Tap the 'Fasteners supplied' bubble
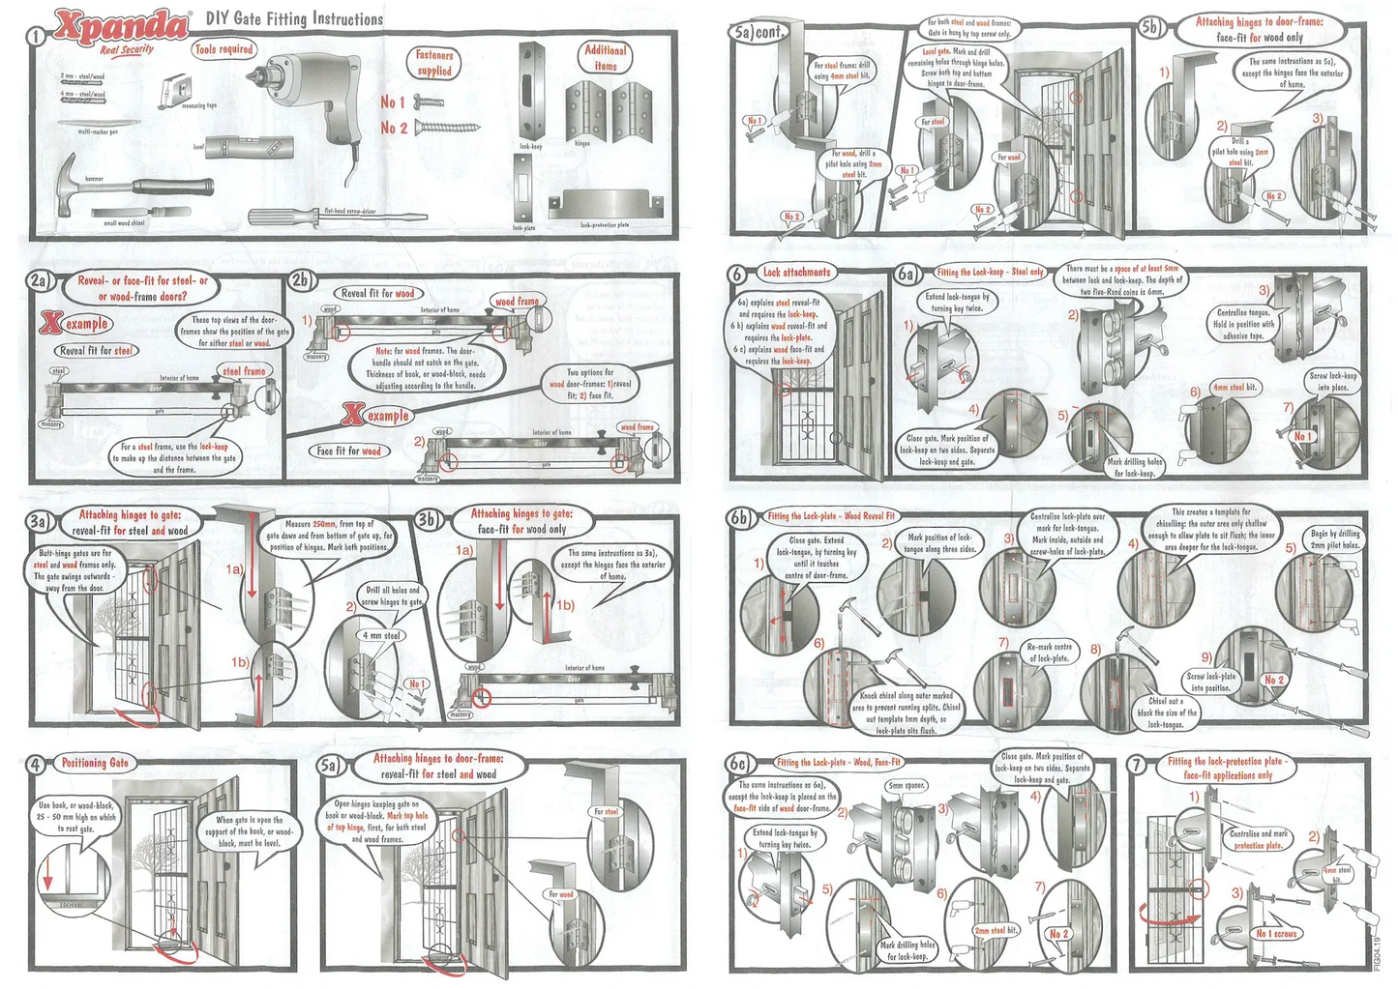click(x=434, y=63)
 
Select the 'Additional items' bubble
click(x=606, y=57)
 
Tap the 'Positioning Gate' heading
click(x=95, y=763)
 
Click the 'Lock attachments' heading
click(x=796, y=273)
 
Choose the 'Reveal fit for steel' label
click(x=97, y=351)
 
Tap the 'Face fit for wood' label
click(x=349, y=451)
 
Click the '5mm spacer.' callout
click(x=907, y=786)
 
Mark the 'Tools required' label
click(x=223, y=49)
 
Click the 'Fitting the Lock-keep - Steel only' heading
click(x=990, y=273)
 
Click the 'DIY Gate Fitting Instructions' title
click(x=294, y=18)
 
